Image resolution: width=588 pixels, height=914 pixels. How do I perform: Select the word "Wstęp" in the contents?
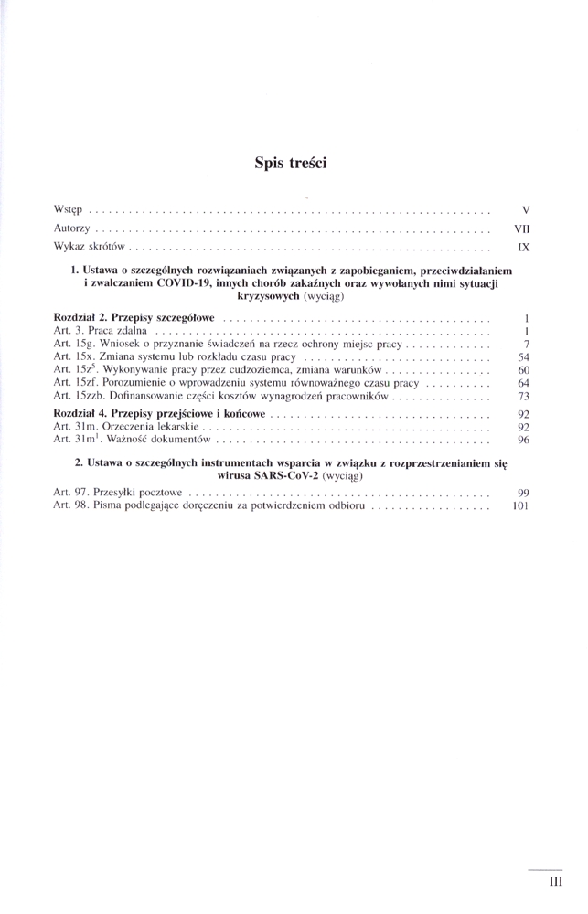69,211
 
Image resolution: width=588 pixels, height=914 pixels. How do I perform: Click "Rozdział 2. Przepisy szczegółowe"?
135,316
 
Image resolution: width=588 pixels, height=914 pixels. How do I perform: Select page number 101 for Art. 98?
521,505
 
